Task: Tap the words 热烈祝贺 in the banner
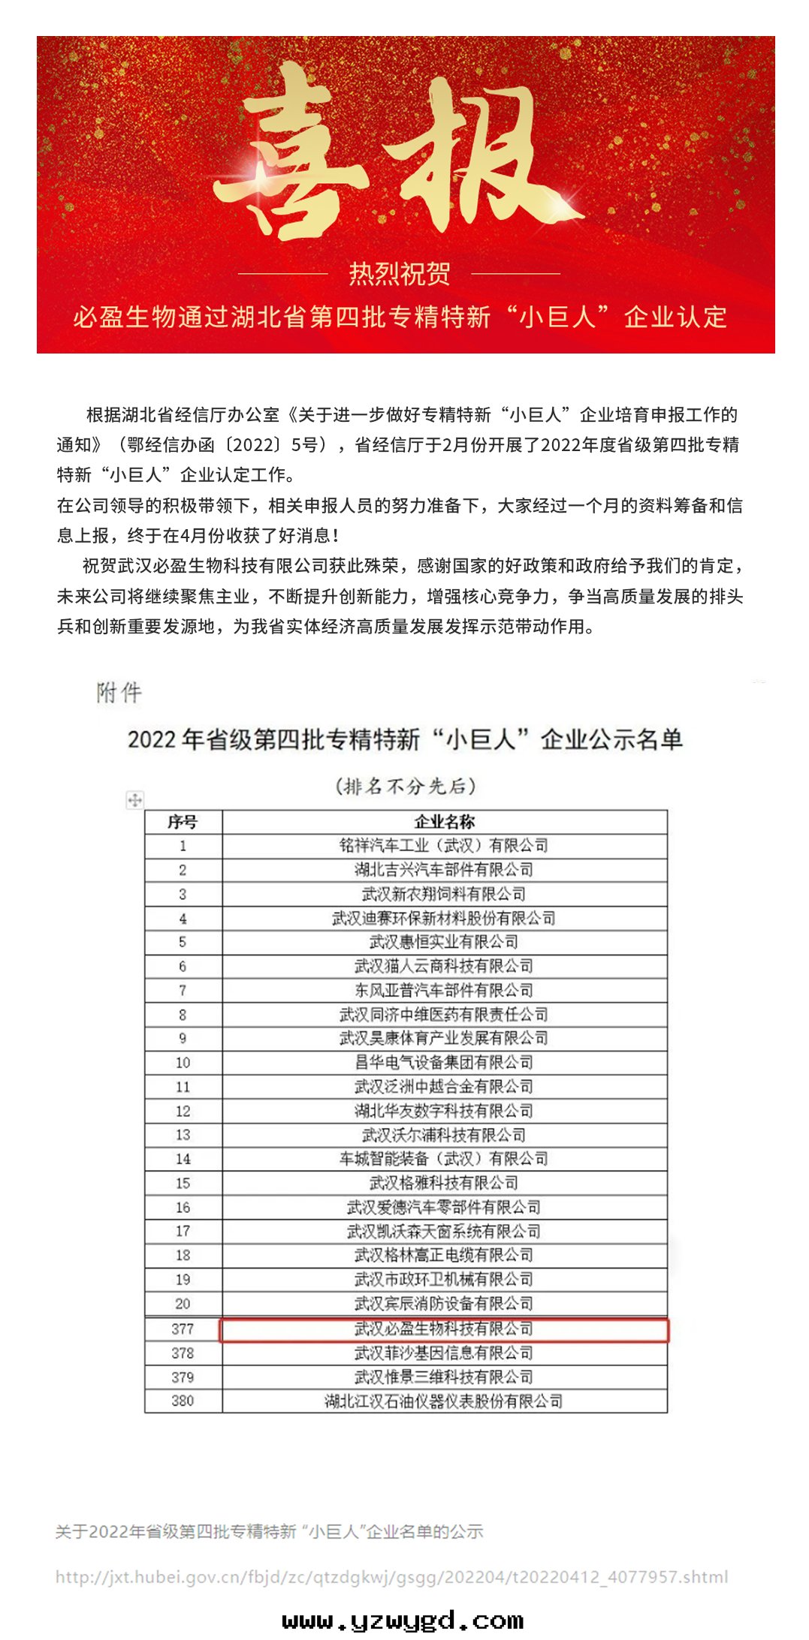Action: [x=399, y=274]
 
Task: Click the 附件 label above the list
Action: [x=119, y=692]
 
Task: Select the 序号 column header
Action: [x=183, y=822]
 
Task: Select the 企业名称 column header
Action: [x=444, y=822]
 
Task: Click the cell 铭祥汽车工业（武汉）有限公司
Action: [x=444, y=846]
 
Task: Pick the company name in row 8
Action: [x=444, y=1015]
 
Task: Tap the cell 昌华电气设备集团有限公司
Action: [x=444, y=1063]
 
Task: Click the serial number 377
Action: [x=183, y=1329]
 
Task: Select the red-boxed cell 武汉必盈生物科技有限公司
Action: [x=444, y=1329]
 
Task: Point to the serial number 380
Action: [x=183, y=1401]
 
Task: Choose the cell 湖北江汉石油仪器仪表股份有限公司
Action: [x=444, y=1401]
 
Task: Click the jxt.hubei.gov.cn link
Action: [x=391, y=1577]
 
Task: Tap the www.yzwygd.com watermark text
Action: [x=403, y=1620]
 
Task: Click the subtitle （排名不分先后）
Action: [x=405, y=786]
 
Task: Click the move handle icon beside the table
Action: [x=134, y=800]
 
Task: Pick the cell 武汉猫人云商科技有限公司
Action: [x=444, y=967]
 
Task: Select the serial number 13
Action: [x=183, y=1135]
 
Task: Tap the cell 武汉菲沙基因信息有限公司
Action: [x=444, y=1353]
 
